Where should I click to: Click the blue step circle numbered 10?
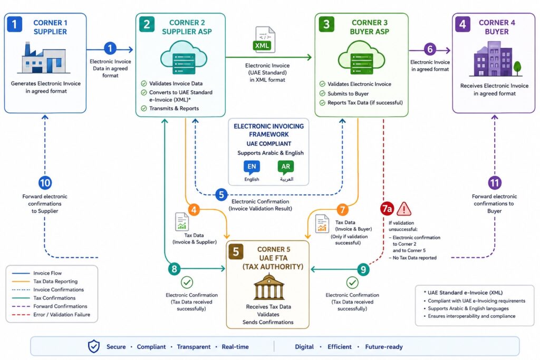[45, 182]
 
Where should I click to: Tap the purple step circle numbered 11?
[495, 182]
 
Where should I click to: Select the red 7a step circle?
[387, 209]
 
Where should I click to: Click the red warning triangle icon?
[403, 209]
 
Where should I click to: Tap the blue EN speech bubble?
[252, 167]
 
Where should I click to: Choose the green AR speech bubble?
[286, 167]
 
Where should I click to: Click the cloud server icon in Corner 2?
[184, 57]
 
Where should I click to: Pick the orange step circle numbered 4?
[194, 210]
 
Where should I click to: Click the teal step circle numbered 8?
[174, 269]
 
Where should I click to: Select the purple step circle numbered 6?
[430, 49]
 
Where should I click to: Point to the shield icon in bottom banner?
[94, 347]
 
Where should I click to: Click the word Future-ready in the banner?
[384, 347]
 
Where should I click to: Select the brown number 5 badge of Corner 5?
[236, 251]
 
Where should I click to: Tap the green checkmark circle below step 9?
[352, 283]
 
